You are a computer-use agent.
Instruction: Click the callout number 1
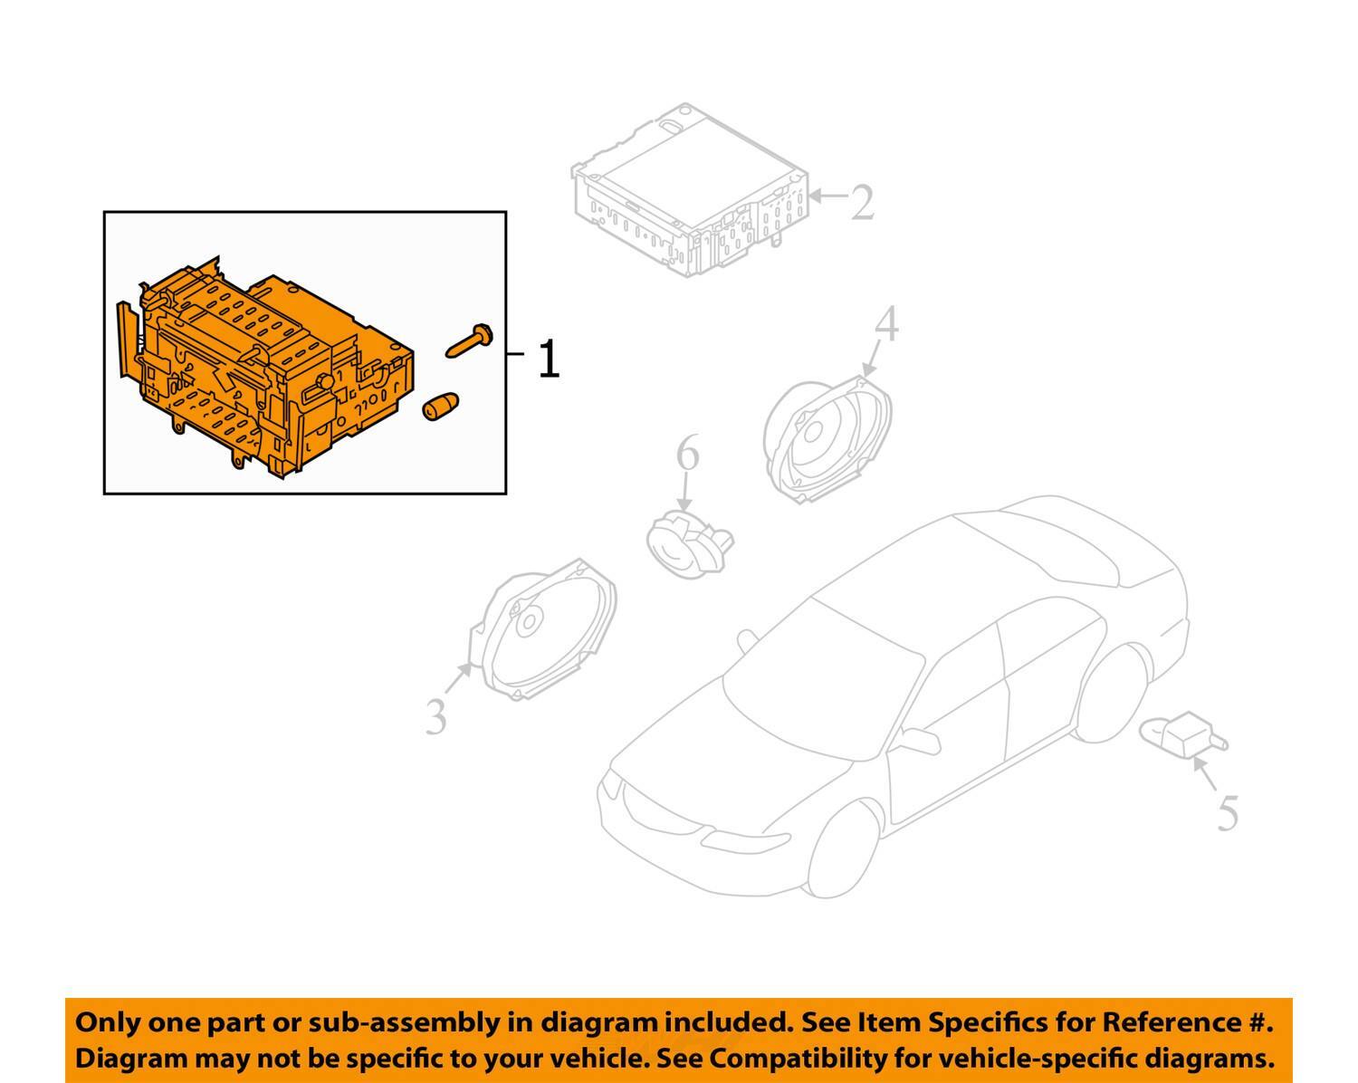pos(549,359)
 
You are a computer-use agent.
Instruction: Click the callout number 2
pos(862,202)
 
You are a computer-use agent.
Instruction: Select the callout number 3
pos(436,716)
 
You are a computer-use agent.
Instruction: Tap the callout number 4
pos(886,324)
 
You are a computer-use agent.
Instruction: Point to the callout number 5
pos(1228,812)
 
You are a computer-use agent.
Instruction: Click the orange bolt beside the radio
pos(469,340)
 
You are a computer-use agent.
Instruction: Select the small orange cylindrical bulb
pos(441,407)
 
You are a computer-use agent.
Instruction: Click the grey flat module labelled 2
pos(690,190)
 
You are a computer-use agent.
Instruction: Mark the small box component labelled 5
pos(1183,734)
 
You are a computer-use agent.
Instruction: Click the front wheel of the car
pos(843,849)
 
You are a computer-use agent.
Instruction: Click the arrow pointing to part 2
pos(827,196)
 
